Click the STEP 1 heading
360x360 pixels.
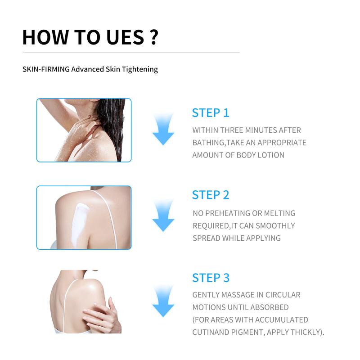211,112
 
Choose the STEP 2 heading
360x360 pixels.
211,195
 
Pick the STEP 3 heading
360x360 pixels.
211,277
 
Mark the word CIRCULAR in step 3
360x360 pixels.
284,295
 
